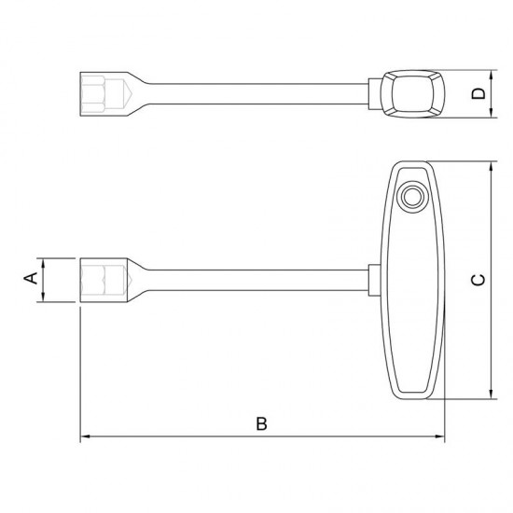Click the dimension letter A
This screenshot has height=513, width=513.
(31, 279)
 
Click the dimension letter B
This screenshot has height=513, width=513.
(261, 423)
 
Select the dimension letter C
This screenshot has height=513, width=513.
(478, 281)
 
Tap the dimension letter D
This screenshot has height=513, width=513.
(478, 93)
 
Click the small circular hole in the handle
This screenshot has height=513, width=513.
(412, 197)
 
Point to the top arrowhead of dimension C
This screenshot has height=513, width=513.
(491, 167)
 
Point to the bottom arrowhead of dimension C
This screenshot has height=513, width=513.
(491, 394)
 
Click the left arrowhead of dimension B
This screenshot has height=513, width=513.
(86, 437)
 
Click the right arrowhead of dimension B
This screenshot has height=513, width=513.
(439, 437)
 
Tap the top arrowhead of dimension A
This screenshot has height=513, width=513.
(43, 263)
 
